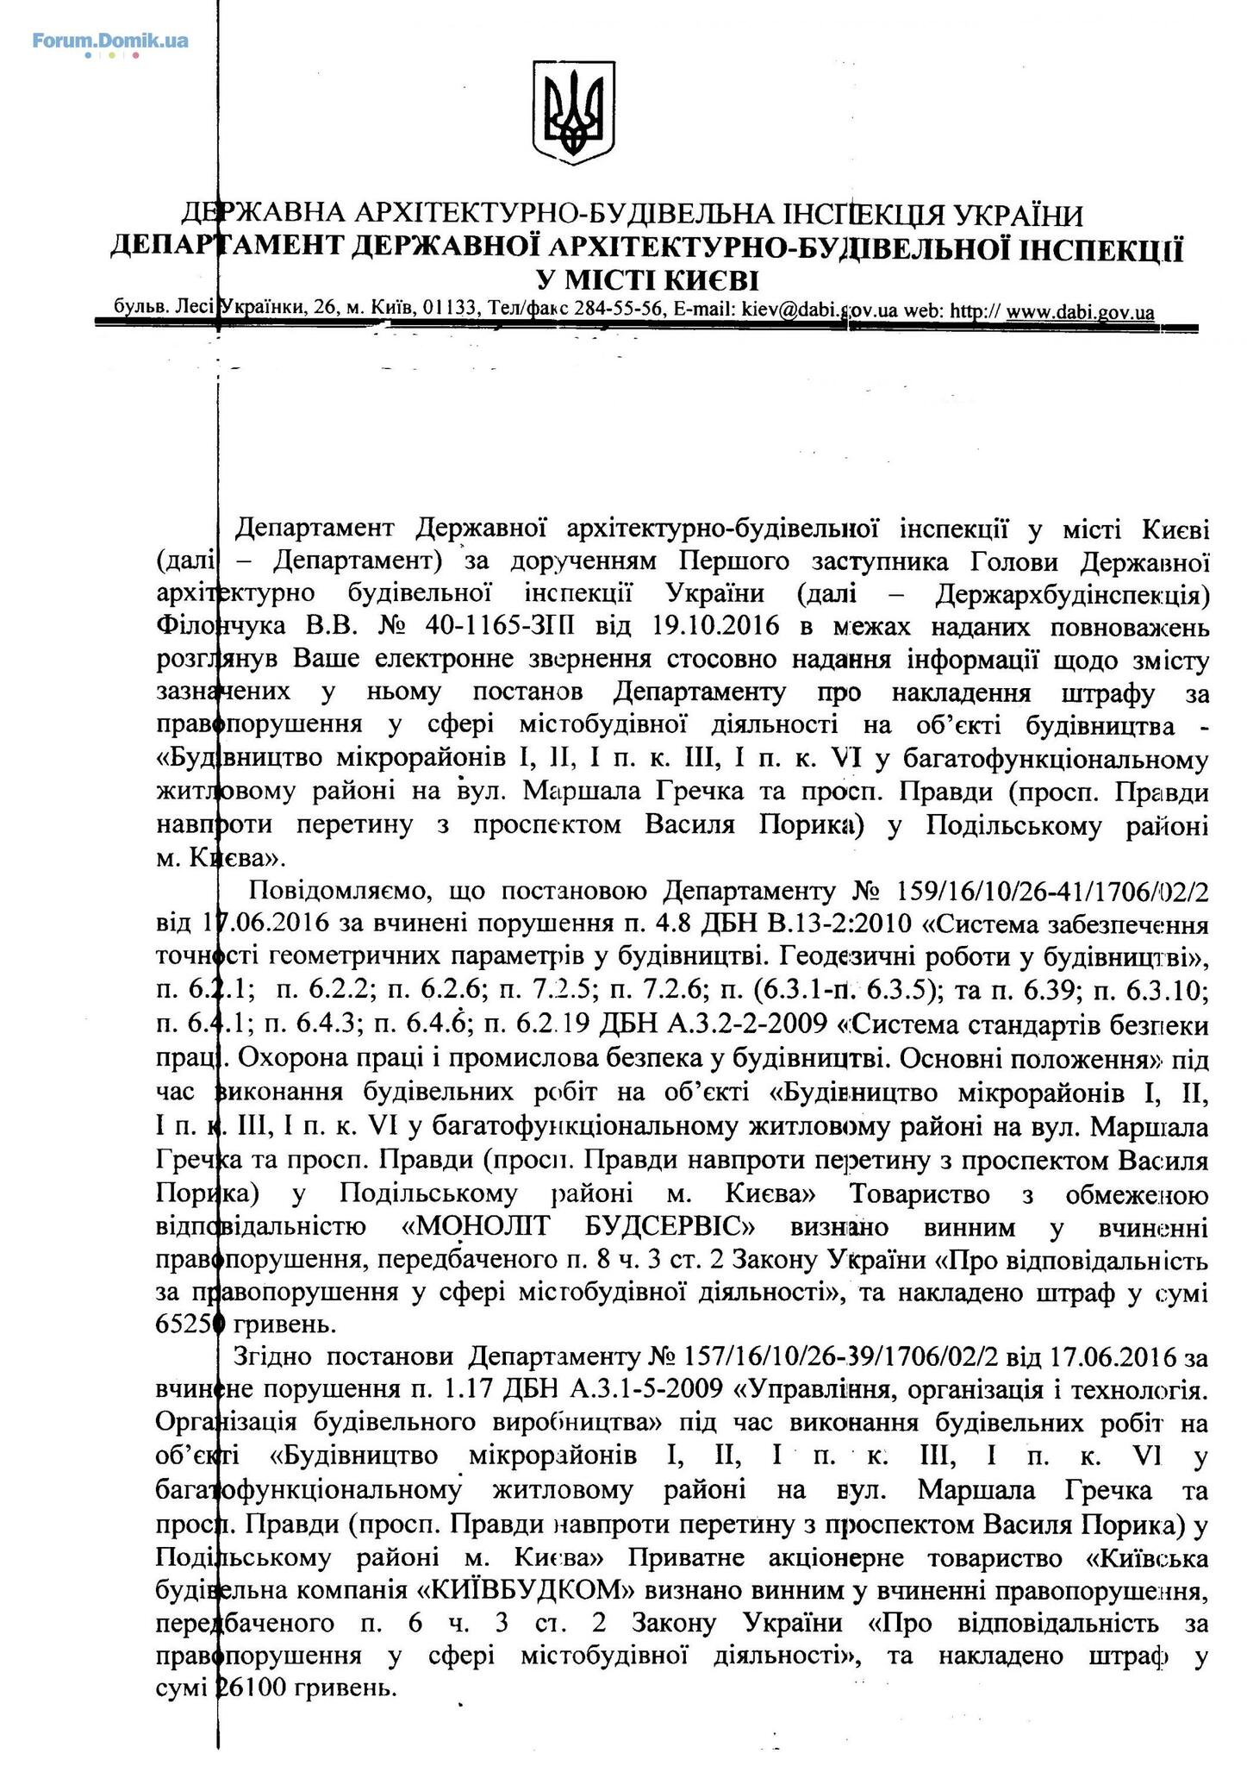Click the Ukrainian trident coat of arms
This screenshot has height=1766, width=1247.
point(573,112)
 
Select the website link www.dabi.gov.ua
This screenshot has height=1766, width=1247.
point(1080,311)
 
